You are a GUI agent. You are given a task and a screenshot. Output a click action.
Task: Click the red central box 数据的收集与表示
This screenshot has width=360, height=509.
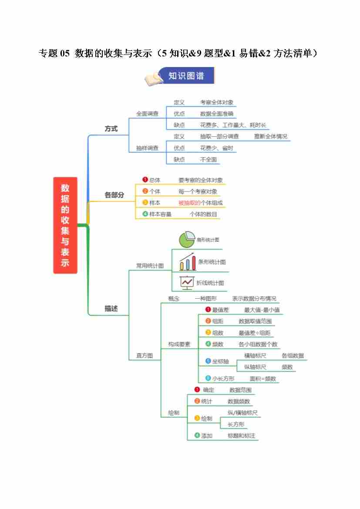[x=65, y=225]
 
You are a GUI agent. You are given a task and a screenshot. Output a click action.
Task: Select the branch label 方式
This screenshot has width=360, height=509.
[x=111, y=129]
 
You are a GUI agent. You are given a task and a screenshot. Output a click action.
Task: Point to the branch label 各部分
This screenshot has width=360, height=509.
[x=114, y=195]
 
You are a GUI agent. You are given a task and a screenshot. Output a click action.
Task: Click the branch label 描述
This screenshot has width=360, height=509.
[x=111, y=309]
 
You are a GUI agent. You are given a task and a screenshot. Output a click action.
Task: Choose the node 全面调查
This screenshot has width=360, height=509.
[x=147, y=114]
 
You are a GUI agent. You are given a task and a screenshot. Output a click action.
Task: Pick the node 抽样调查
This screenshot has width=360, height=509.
[x=147, y=148]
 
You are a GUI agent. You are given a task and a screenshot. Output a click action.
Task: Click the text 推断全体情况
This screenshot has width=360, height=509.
[x=270, y=136]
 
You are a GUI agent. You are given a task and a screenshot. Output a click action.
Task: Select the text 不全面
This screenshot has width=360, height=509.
[x=209, y=159]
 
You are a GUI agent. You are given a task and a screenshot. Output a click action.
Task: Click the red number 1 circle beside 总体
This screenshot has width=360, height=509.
[x=145, y=179]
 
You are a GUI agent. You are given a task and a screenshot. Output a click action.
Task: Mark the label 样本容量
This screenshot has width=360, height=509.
[x=160, y=214]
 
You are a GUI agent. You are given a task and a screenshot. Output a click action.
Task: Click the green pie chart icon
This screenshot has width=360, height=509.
[x=186, y=239]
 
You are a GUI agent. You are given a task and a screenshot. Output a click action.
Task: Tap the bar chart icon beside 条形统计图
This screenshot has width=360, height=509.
[x=188, y=262]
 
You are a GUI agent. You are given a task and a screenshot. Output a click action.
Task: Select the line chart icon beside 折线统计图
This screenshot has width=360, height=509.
[x=187, y=283]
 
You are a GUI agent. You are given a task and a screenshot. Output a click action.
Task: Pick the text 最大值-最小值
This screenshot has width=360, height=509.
[x=262, y=310]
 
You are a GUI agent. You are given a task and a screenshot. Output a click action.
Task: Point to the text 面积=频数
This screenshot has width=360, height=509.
[x=262, y=379]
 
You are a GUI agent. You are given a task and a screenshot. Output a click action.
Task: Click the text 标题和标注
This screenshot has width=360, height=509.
[x=241, y=435]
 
